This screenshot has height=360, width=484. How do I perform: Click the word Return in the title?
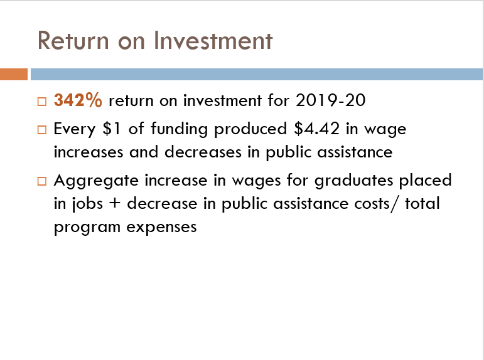pos(73,40)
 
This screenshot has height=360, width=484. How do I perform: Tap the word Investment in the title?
pos(213,40)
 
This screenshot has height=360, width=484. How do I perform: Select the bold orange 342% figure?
pos(78,100)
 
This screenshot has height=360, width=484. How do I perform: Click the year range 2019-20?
pos(330,100)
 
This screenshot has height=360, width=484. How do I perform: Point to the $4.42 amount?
pos(316,129)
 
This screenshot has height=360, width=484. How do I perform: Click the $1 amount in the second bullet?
pos(112,129)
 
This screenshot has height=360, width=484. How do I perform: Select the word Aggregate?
pos(96,181)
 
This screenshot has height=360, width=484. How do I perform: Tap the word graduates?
pos(353,181)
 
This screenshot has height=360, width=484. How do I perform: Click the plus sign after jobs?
pos(114,204)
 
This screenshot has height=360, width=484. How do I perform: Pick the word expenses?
pos(161,228)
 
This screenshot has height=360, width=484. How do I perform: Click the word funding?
pos(179,129)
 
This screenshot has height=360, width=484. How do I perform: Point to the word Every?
pos(75,129)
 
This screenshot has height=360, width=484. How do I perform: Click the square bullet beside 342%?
pos(42,102)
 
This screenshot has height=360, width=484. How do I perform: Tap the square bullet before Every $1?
pos(42,130)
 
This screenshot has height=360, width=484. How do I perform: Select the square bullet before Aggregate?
pos(42,181)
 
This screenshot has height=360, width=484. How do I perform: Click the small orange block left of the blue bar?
pos(14,75)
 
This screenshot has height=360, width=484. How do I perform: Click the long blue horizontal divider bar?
pos(257,75)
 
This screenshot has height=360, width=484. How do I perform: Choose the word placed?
pos(426,181)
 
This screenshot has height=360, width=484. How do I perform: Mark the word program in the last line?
pos(87,228)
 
